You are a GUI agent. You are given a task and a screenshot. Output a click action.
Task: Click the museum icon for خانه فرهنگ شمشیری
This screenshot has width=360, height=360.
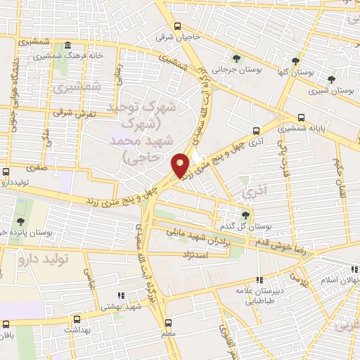[67, 46]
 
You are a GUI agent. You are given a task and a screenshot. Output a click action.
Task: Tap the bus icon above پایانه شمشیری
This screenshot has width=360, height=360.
[302, 117]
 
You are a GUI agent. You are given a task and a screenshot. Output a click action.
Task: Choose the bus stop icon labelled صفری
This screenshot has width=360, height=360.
[6, 171]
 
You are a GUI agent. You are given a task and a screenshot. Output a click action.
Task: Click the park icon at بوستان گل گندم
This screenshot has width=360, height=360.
[245, 215]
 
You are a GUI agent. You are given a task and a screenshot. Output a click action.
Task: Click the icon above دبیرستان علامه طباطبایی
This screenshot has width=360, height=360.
[259, 280]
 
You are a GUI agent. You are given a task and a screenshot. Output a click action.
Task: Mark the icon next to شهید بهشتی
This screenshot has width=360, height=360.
[121, 295]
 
